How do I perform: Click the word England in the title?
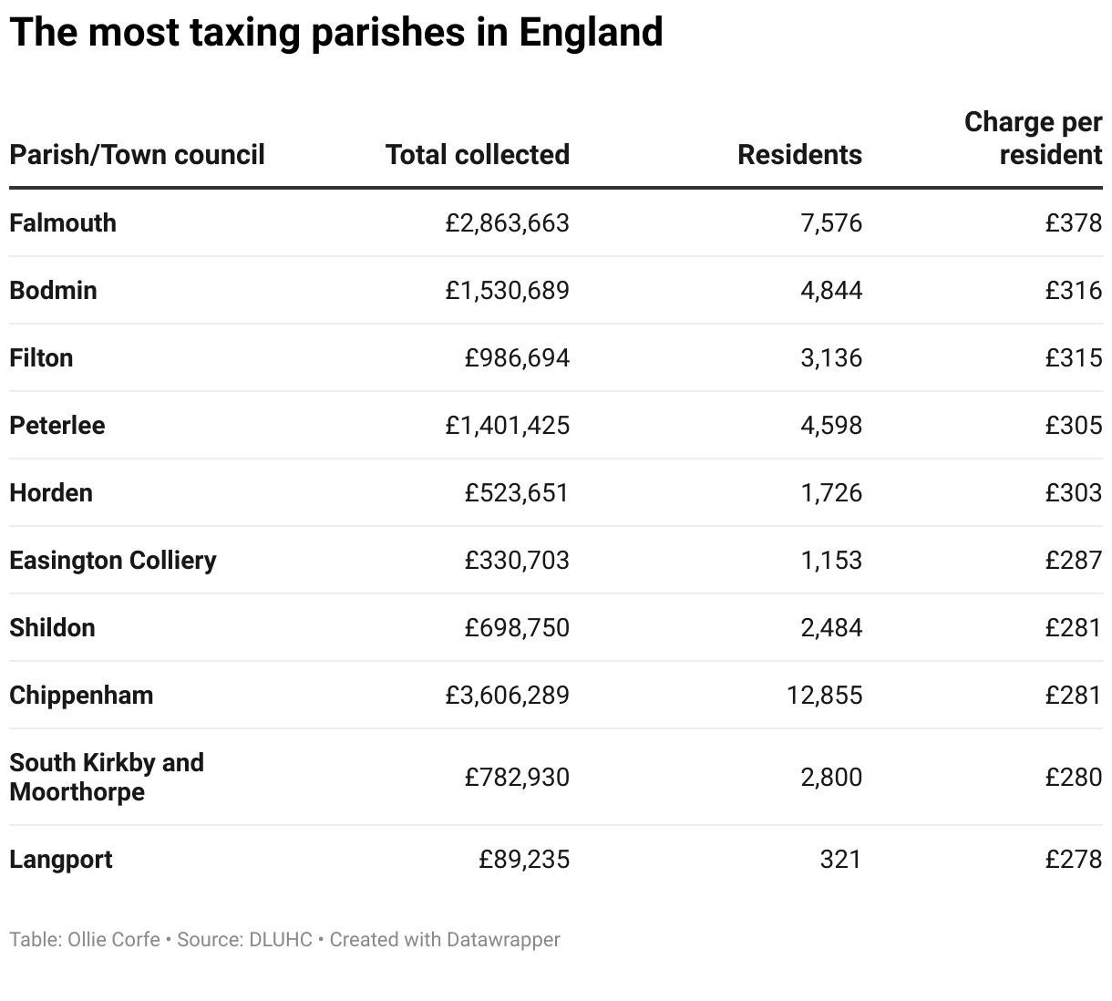(x=591, y=33)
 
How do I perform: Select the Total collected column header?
(x=477, y=155)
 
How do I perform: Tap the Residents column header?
(x=799, y=155)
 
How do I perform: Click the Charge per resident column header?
(x=1033, y=139)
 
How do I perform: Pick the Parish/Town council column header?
(x=137, y=155)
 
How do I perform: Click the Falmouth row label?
(x=63, y=223)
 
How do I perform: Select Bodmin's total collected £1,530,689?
(x=507, y=291)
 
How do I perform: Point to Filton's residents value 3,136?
(x=830, y=358)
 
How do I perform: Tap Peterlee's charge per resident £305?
(x=1073, y=426)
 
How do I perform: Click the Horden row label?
(x=51, y=493)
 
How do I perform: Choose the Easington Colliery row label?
(x=113, y=561)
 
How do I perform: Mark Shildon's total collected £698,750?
(x=516, y=628)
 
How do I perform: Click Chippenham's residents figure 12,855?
(x=824, y=696)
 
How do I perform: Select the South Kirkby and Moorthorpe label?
(x=106, y=777)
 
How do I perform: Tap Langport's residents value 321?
(x=839, y=860)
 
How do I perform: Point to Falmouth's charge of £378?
(x=1073, y=223)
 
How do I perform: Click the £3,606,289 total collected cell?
(x=507, y=696)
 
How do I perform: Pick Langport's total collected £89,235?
(x=524, y=860)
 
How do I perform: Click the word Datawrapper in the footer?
(x=503, y=940)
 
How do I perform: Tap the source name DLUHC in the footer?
(x=280, y=940)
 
